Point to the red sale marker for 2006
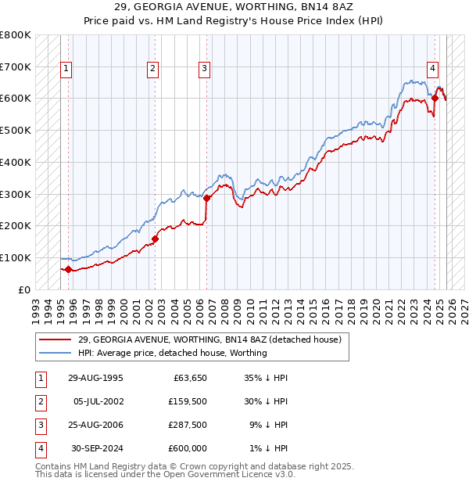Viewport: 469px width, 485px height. pos(207,198)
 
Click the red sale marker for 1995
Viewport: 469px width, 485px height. pos(68,269)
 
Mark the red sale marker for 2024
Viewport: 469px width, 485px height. pos(435,98)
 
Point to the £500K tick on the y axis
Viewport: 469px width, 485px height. pos(16,130)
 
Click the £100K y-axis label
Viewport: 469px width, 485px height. pos(16,257)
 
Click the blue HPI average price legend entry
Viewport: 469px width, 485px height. pos(172,353)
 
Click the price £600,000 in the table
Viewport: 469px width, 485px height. pos(188,449)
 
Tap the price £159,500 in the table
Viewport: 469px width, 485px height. pos(188,402)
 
